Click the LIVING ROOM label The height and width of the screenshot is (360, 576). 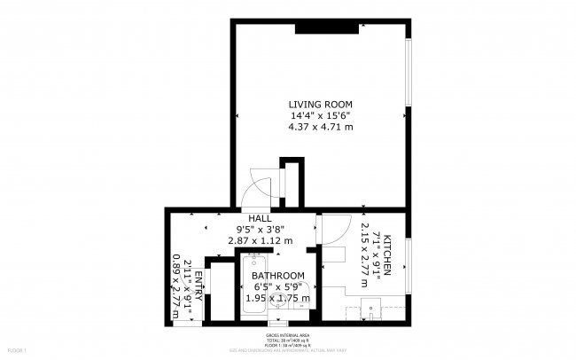tap(320, 102)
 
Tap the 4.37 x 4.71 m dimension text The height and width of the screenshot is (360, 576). tap(320, 127)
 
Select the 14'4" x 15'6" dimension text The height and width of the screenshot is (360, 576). tap(320, 114)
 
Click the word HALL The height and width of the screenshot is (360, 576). tap(260, 218)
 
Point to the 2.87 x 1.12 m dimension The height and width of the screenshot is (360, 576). tap(260, 241)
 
